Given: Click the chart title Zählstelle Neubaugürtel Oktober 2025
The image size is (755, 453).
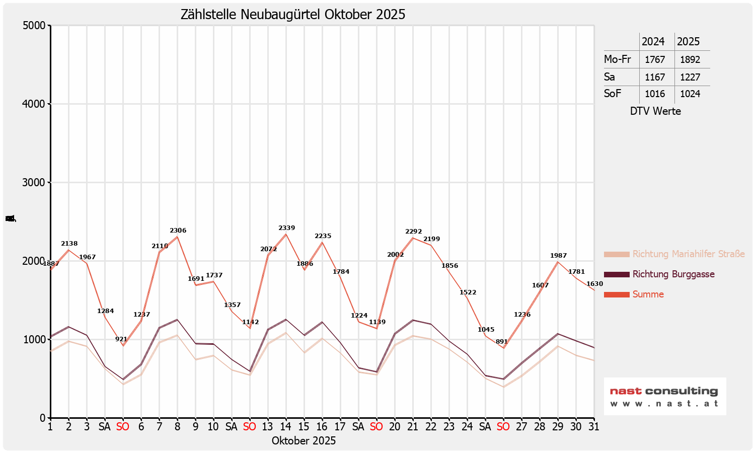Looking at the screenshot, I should [x=293, y=15].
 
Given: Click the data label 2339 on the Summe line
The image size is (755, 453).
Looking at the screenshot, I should [x=286, y=228].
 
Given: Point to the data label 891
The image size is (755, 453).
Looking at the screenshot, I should [x=501, y=342].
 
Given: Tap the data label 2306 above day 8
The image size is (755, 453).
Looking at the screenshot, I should [x=178, y=231].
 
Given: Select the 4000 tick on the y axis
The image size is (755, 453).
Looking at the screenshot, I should [x=35, y=104].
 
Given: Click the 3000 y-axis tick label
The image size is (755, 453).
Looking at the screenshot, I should [x=35, y=183].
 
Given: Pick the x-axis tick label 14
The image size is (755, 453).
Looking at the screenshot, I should [x=285, y=427].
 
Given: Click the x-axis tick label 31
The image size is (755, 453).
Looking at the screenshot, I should [x=593, y=427].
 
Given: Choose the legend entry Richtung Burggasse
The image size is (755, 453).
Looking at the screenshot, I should [x=673, y=274].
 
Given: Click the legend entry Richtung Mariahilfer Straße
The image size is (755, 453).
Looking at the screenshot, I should [x=688, y=254].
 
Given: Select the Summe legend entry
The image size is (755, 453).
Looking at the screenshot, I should [x=648, y=294].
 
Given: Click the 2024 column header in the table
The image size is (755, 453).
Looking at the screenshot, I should [x=653, y=42].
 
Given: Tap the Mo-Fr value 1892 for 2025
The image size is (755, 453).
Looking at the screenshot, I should [x=690, y=59].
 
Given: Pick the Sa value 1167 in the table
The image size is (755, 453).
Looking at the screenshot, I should [x=655, y=77].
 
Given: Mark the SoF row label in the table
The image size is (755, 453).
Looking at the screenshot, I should [x=613, y=94].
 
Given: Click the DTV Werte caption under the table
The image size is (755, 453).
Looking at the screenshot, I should [x=655, y=111].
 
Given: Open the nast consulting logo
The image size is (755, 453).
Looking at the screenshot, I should [x=664, y=396].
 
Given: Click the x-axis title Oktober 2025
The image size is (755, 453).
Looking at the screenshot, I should [x=304, y=441].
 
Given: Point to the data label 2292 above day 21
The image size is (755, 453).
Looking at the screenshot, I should [x=413, y=232].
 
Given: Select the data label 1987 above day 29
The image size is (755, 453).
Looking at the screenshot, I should [x=558, y=256].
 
